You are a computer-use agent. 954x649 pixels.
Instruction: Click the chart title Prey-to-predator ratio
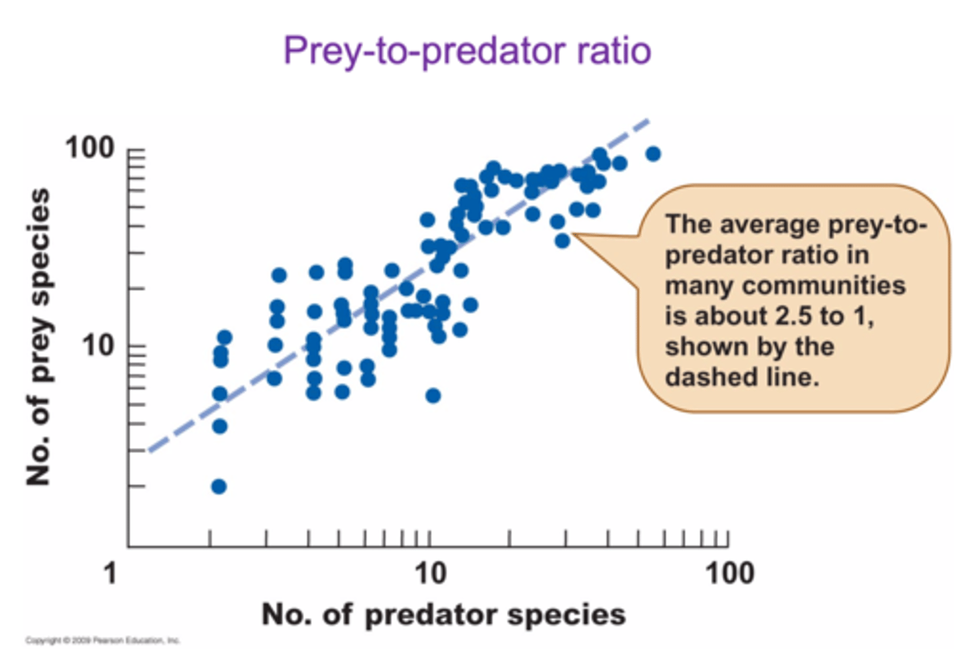pos(467,50)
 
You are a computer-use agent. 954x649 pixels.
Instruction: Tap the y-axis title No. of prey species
pos(38,336)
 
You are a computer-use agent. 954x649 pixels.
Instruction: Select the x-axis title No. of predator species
pos(443,614)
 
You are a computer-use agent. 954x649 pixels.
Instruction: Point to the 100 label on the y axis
pos(89,147)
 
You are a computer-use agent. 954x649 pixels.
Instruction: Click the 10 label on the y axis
pos(98,345)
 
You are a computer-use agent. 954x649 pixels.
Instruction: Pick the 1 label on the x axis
pos(111,572)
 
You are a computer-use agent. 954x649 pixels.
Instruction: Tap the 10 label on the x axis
pos(431,572)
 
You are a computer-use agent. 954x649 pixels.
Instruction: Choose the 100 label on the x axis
pos(729,572)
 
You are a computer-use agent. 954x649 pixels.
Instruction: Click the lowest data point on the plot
pos(219,487)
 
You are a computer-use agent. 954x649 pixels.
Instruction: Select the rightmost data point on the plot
pos(653,154)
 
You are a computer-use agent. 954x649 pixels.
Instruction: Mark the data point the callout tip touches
pos(562,241)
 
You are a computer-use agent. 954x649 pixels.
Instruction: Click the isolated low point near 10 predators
pos(433,396)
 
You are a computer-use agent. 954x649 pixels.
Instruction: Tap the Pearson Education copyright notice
pos(103,640)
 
